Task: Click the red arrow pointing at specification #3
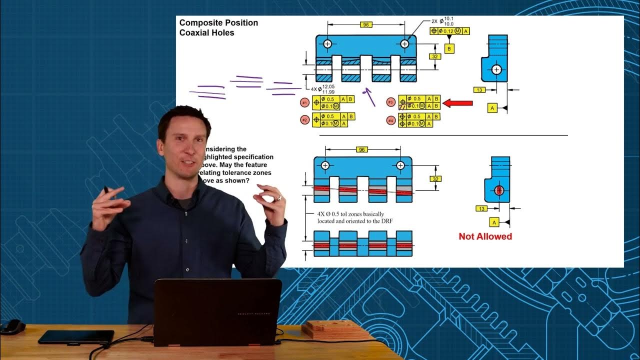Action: click(x=458, y=103)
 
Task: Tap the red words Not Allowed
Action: click(x=485, y=236)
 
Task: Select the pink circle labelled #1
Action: click(x=304, y=102)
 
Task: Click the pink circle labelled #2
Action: click(x=304, y=120)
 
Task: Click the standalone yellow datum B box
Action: click(x=449, y=48)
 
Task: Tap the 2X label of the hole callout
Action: click(x=434, y=22)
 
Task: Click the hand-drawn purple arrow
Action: click(x=370, y=97)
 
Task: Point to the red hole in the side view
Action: click(x=498, y=190)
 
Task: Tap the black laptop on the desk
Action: click(x=217, y=312)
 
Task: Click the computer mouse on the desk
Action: click(x=12, y=326)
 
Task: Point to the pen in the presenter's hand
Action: click(x=106, y=189)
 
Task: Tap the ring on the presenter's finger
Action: click(x=280, y=198)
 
